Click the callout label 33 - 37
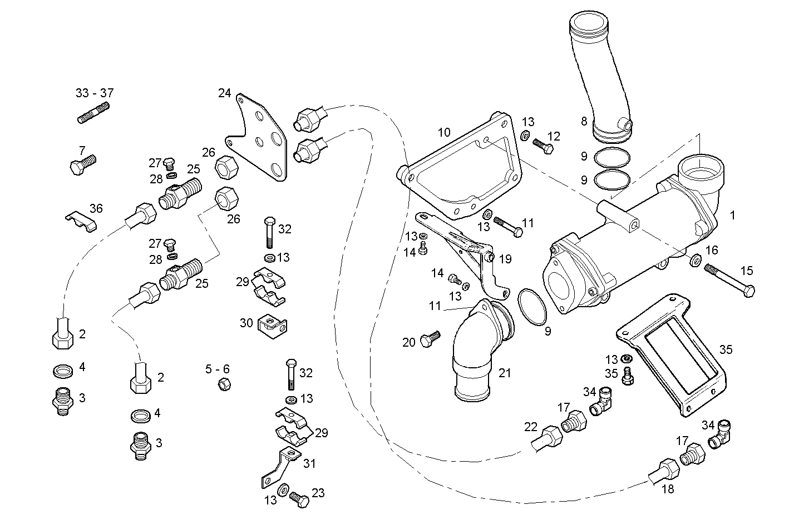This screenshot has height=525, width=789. tap(94, 93)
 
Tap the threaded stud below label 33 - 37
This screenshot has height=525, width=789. tap(92, 113)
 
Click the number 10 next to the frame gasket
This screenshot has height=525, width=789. tap(443, 132)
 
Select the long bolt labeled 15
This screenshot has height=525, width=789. tap(729, 281)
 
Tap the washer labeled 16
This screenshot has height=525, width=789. tap(695, 260)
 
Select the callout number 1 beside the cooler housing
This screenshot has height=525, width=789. tap(732, 215)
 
